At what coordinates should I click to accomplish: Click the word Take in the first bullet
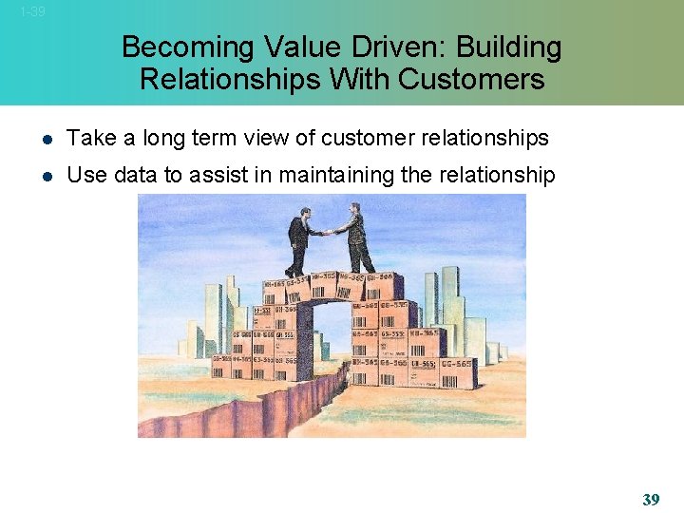click(x=92, y=138)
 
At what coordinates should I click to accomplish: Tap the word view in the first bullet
click(x=271, y=138)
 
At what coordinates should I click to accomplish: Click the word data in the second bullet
click(x=134, y=175)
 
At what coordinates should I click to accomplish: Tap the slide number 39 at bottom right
click(x=651, y=499)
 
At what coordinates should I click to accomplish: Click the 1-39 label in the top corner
click(x=32, y=12)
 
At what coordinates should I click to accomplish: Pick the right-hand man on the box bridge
click(x=356, y=237)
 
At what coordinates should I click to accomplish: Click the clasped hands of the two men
click(x=329, y=231)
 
